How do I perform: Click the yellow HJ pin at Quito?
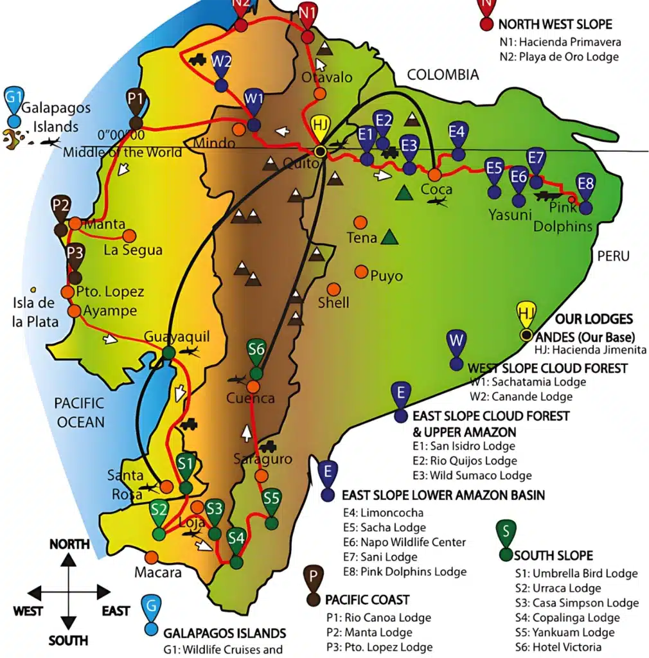[x=321, y=127]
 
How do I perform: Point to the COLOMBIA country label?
[x=443, y=75]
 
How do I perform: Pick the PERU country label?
[x=613, y=256]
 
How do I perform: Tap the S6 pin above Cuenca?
[x=256, y=351]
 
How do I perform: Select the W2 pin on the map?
[x=222, y=63]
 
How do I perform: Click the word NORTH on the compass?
[x=69, y=544]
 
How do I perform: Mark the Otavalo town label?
[x=327, y=78]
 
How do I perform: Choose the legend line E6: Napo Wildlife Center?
[x=404, y=542]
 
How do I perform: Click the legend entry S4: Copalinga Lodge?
[x=567, y=618]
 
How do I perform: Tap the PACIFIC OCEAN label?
[x=79, y=413]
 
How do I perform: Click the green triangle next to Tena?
[x=389, y=238]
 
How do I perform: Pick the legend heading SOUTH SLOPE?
[x=553, y=556]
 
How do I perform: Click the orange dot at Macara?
[x=152, y=557]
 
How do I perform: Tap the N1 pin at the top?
[x=308, y=12]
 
